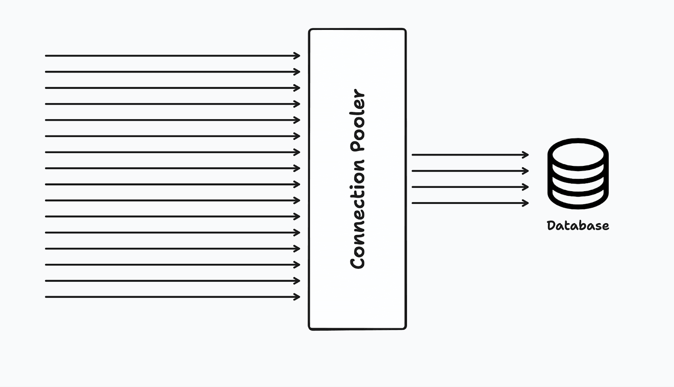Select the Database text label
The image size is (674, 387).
pyautogui.click(x=578, y=226)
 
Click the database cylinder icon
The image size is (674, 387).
pyautogui.click(x=578, y=173)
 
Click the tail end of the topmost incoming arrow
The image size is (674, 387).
pyautogui.click(x=46, y=56)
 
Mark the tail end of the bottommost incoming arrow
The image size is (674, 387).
pyautogui.click(x=46, y=297)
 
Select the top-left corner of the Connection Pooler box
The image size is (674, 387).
pyautogui.click(x=310, y=30)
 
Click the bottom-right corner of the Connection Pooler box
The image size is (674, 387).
pyautogui.click(x=405, y=328)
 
